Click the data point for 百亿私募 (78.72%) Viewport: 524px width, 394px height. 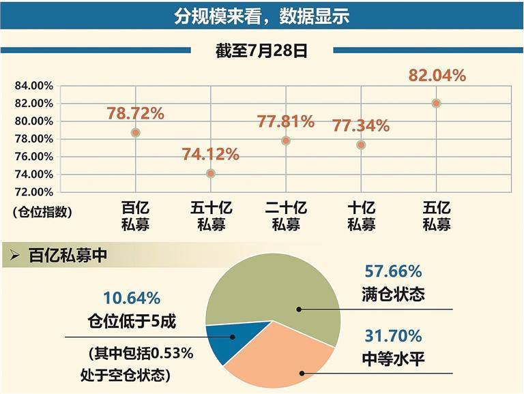pos(136,133)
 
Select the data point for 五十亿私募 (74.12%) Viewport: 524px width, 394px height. pos(211,173)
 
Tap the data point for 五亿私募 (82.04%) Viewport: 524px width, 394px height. pos(437,104)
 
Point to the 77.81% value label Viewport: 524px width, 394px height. pos(285,122)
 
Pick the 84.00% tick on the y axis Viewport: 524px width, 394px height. pos(33,86)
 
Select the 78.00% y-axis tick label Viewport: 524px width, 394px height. pos(33,139)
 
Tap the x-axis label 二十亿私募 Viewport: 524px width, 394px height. pos(285,216)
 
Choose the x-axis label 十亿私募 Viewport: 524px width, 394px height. pos(361,216)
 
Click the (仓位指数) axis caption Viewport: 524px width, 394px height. pos(42,212)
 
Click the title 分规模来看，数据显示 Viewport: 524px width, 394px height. pos(261,16)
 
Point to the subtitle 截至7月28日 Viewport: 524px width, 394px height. pos(261,51)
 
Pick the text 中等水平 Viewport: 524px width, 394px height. pos(393,358)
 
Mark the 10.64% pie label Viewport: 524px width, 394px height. pos(132,298)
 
